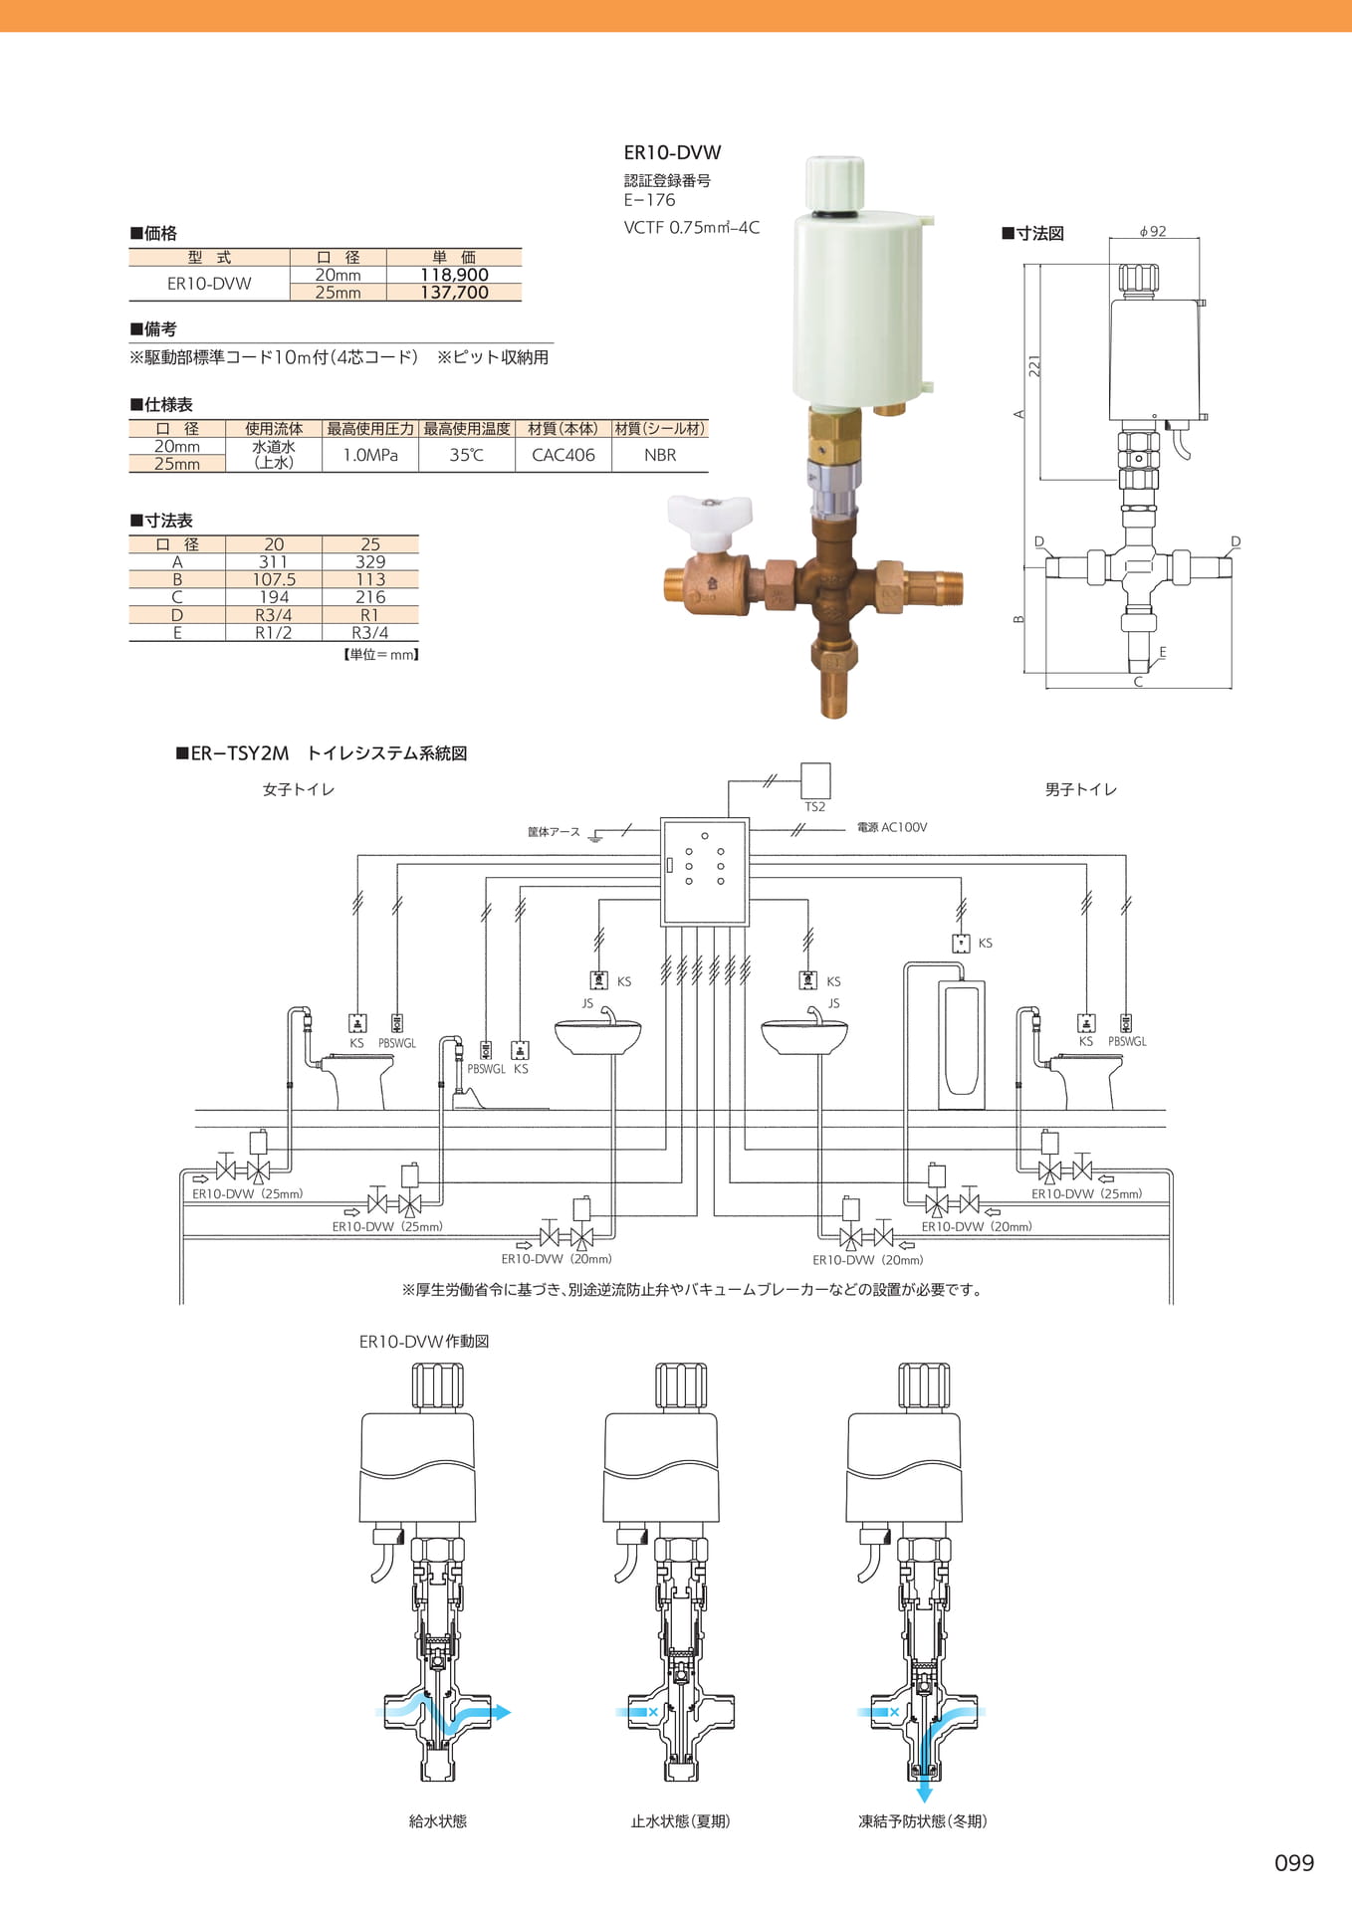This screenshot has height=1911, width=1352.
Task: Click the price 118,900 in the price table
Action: (454, 275)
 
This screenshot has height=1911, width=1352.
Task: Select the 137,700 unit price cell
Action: (454, 293)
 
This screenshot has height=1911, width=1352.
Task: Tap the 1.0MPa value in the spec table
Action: (370, 455)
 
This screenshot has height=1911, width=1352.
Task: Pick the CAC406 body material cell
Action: (563, 455)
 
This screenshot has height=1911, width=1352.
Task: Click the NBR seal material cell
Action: (660, 455)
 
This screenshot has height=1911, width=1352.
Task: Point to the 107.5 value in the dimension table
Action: (274, 579)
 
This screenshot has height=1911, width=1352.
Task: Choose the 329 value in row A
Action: (370, 561)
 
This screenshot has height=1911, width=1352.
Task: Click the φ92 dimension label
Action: (1153, 231)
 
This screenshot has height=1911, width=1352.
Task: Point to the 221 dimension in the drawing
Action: (1035, 366)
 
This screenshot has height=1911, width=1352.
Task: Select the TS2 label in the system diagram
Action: (815, 807)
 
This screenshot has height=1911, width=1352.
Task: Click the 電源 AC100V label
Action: (892, 827)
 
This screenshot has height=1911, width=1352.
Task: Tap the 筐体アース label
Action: (554, 831)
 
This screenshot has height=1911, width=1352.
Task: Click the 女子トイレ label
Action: (299, 789)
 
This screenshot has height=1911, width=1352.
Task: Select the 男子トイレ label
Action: (1081, 789)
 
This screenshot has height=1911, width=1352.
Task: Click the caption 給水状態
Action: (438, 1820)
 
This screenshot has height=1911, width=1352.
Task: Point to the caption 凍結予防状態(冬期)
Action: (923, 1820)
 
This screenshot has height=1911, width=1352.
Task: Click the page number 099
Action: (1294, 1862)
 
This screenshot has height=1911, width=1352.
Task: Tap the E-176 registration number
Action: (649, 200)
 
